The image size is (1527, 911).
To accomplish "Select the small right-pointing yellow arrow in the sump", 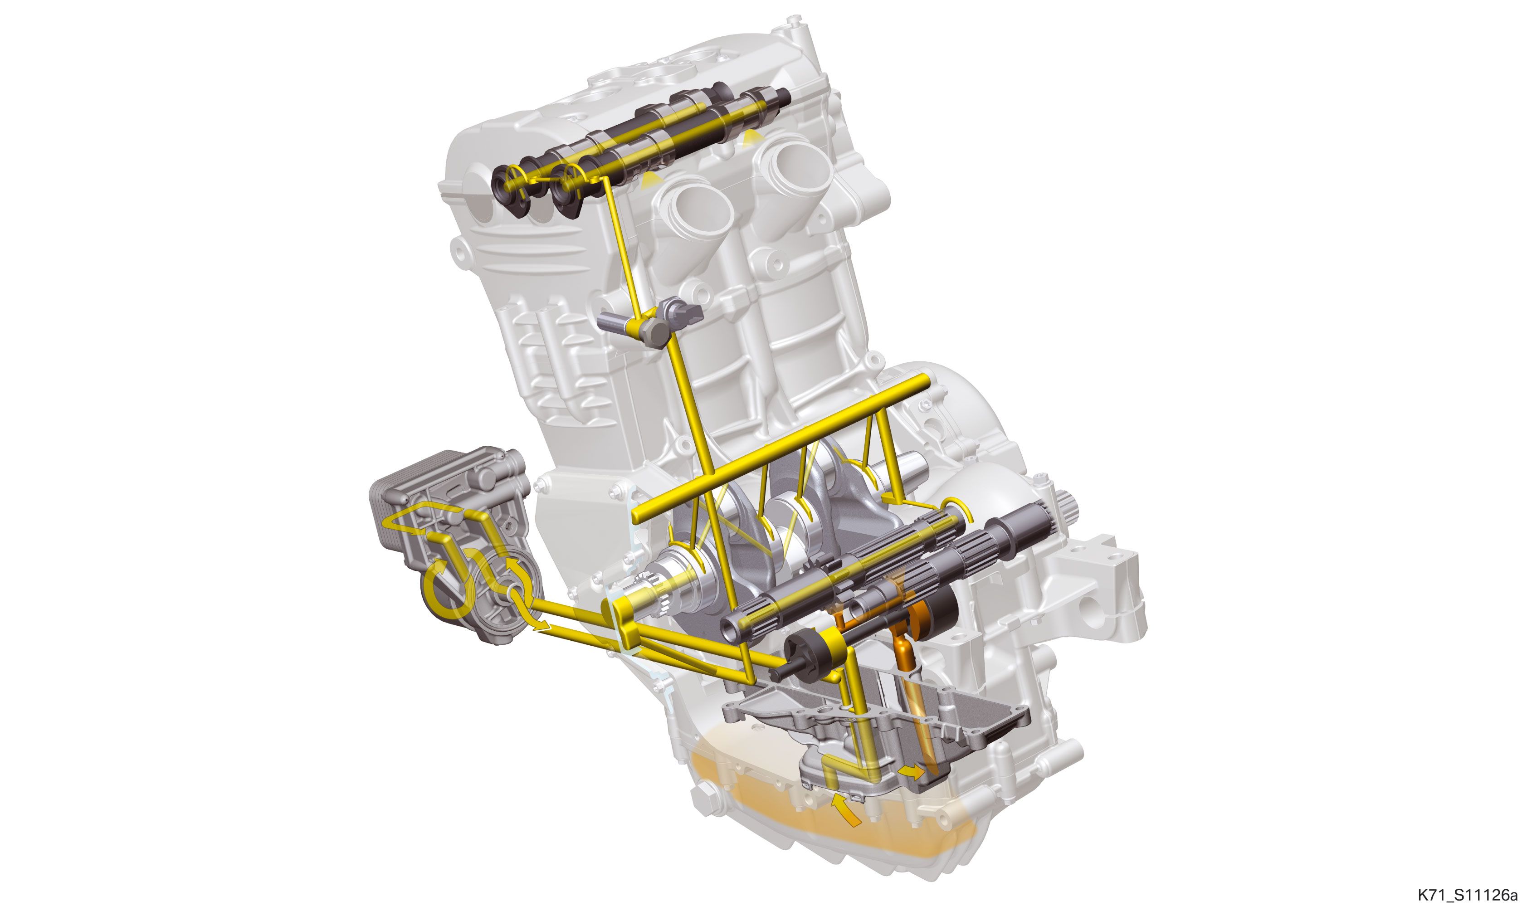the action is pyautogui.click(x=911, y=772).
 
